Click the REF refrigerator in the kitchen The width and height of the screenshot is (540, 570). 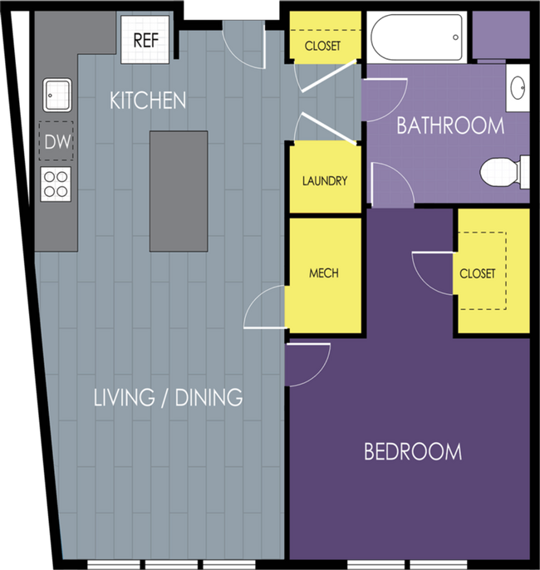tap(145, 40)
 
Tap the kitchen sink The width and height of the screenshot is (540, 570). tap(57, 95)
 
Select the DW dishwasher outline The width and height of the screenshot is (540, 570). tap(56, 141)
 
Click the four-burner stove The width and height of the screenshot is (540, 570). tap(56, 184)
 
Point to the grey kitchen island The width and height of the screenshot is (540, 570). tap(179, 191)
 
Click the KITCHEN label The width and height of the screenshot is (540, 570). tap(148, 101)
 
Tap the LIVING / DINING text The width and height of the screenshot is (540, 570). tap(169, 397)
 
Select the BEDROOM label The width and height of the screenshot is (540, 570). tap(413, 451)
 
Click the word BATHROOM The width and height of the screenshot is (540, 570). tap(450, 125)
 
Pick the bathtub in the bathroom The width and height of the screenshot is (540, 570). tap(416, 37)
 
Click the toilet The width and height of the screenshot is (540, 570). tap(505, 173)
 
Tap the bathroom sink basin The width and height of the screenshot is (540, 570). tap(518, 88)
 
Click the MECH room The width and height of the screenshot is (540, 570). tap(323, 275)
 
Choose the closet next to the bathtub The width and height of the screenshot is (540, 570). tap(325, 35)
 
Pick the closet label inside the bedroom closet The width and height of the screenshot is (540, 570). tap(477, 273)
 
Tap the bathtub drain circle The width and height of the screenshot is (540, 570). tap(455, 37)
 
